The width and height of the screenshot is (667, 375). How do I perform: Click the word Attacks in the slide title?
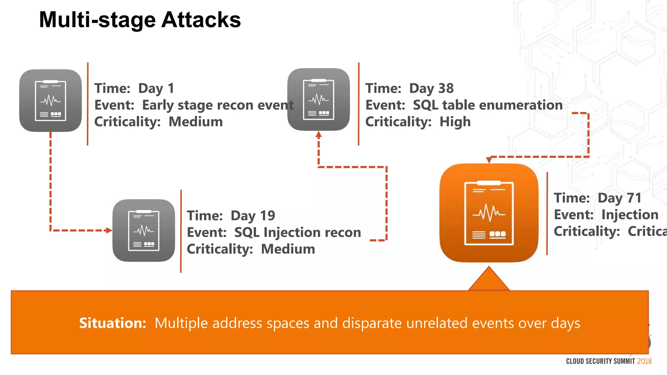[x=201, y=20]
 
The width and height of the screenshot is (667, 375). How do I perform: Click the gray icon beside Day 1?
[x=50, y=101]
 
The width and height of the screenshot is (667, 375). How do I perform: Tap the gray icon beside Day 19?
[x=144, y=230]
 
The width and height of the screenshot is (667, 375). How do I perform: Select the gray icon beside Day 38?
[x=319, y=99]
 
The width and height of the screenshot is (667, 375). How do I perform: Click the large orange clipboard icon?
[x=489, y=213]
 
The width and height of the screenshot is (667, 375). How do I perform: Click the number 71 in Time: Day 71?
[x=634, y=198]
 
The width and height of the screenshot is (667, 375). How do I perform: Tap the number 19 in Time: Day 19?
[x=267, y=216]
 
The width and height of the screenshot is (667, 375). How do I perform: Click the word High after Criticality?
[x=455, y=122]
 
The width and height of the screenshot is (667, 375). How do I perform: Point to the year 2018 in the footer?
[x=644, y=361]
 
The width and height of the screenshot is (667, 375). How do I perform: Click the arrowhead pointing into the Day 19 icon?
[x=109, y=230]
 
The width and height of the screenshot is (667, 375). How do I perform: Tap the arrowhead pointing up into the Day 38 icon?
[x=319, y=134]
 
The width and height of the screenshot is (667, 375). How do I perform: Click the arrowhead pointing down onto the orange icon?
[x=489, y=160]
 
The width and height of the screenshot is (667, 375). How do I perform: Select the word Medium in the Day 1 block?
[x=195, y=122]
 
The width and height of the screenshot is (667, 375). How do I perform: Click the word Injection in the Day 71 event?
[x=630, y=215]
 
